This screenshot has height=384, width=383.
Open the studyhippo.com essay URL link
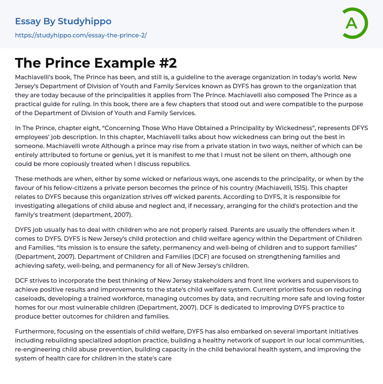click(81, 35)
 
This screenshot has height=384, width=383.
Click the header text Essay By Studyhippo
click(63, 21)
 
